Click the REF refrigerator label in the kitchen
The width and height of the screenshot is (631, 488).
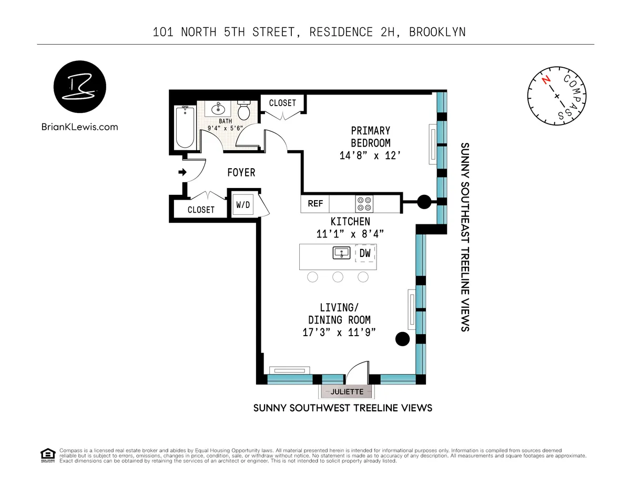(315, 203)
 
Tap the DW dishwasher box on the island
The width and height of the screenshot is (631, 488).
(365, 253)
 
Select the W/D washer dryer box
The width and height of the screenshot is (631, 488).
(242, 205)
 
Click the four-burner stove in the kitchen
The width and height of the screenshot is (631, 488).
(364, 203)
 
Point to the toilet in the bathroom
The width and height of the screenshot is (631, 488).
(244, 110)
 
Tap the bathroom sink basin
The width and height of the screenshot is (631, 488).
(218, 109)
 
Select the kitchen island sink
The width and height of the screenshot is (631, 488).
(341, 253)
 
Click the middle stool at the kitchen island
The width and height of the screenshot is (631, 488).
(338, 277)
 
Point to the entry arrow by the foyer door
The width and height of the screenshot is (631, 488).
(182, 172)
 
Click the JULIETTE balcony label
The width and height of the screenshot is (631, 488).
(347, 391)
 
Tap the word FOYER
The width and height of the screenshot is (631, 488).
(241, 172)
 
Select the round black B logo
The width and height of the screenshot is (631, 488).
(80, 87)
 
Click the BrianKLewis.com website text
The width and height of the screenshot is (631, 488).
(79, 127)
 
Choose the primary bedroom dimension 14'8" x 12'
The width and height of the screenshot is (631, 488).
(370, 155)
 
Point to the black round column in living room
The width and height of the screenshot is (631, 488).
(402, 339)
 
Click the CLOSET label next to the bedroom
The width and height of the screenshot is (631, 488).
(282, 103)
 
